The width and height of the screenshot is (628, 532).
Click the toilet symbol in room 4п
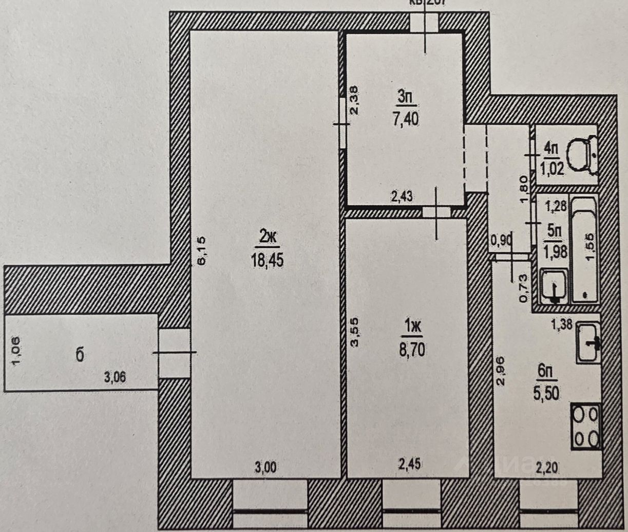582,154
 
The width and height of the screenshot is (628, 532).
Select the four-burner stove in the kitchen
586,426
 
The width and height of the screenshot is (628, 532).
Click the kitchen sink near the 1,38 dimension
588,342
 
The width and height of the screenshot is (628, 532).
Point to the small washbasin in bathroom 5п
554,287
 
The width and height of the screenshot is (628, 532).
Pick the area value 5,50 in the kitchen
545,393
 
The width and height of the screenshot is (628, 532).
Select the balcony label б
80,355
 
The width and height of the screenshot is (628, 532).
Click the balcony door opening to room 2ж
174,353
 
